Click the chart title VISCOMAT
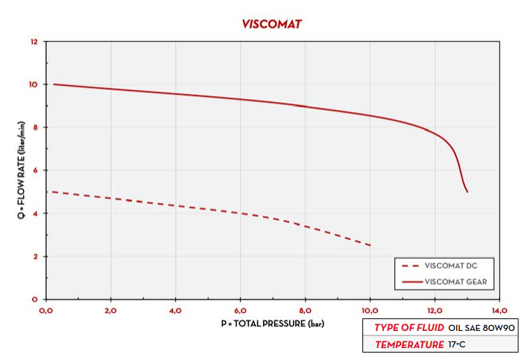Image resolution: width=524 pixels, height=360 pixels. (271, 23)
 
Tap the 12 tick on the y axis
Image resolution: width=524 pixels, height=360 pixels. (33, 42)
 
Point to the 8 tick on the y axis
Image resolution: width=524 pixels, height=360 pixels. (34, 127)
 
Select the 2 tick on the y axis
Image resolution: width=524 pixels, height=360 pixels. (34, 256)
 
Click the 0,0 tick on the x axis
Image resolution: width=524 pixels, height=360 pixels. (45, 310)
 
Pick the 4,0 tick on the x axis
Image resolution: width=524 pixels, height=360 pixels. (175, 310)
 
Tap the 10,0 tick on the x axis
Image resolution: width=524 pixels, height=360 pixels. (370, 310)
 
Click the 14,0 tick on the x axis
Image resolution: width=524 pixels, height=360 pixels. (499, 310)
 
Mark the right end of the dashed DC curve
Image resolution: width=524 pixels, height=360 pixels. (370, 245)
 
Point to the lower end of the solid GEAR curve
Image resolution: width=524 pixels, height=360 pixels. (467, 192)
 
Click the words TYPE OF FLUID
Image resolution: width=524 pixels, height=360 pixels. (408, 328)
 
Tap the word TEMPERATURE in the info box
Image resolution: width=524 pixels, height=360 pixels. (408, 344)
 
